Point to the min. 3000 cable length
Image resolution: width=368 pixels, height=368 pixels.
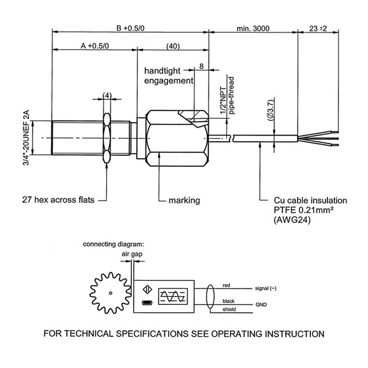tap(253, 28)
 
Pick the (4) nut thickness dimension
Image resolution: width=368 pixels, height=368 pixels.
tap(107, 96)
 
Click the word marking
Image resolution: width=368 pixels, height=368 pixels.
tap(184, 200)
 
